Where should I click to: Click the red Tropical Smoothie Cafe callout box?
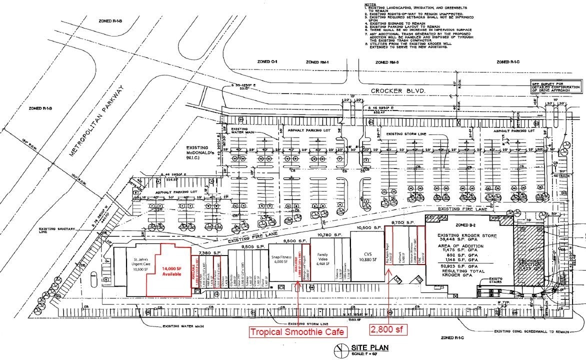tap(298, 331)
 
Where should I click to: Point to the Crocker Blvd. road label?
tap(398, 91)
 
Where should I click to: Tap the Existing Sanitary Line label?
tap(56, 230)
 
